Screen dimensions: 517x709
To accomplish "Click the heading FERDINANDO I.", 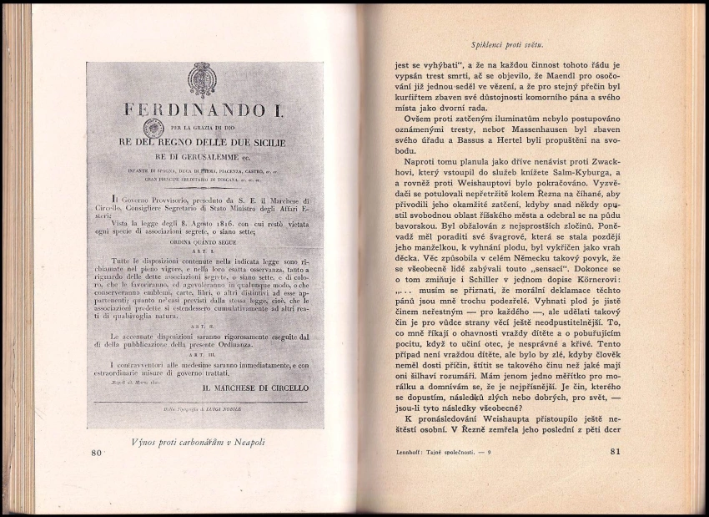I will tap(204, 110).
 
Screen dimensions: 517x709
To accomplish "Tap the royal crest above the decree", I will tap(204, 79).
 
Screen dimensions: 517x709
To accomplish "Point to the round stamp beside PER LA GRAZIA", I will tap(153, 128).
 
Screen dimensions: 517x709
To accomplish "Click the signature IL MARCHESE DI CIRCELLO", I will tap(255, 388).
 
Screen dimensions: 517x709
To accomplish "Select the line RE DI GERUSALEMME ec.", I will tap(204, 156).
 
